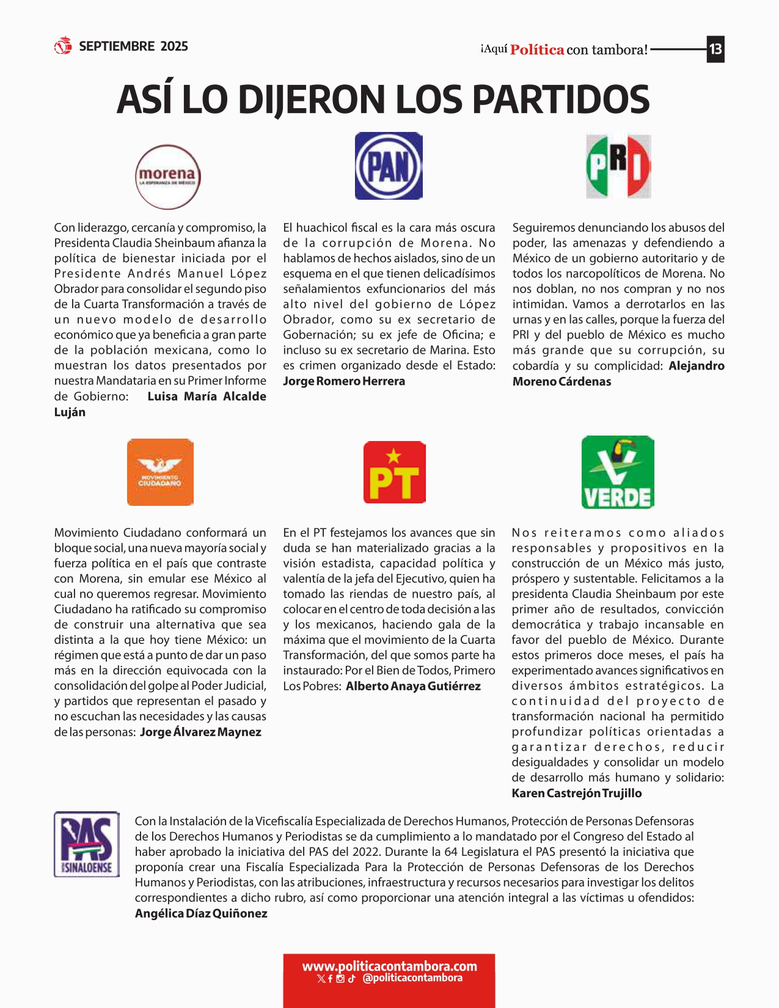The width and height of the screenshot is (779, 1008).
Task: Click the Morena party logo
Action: pos(167,177)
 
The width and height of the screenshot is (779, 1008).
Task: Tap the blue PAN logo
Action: pos(389,166)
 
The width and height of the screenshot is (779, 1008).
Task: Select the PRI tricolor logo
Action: pos(618,166)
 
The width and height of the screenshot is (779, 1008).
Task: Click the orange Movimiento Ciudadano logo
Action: pos(160,472)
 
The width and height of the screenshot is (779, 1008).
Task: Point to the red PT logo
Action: pos(394,472)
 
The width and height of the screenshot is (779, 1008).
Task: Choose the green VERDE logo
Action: pos(618,472)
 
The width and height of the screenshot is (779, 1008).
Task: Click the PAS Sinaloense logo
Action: pos(87,844)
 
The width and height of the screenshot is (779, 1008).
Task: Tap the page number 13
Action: pos(715,49)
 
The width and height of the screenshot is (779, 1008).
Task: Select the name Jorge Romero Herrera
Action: pos(344,381)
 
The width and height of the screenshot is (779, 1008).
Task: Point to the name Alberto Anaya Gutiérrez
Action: pos(413,686)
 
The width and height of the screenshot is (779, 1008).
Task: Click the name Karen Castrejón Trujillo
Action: pos(576,793)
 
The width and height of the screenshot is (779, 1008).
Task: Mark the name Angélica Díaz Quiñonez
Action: pos(201,913)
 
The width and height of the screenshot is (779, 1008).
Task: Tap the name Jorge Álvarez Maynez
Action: pos(200,732)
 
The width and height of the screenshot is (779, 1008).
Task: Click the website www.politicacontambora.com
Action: pos(389,966)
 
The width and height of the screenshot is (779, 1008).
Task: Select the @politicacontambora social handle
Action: pos(412,978)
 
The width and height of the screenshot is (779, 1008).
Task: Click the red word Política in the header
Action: pos(537,49)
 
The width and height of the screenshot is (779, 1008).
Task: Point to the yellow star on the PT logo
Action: pos(394,455)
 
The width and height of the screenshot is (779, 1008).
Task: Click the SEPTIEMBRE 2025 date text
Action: pos(133,46)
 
